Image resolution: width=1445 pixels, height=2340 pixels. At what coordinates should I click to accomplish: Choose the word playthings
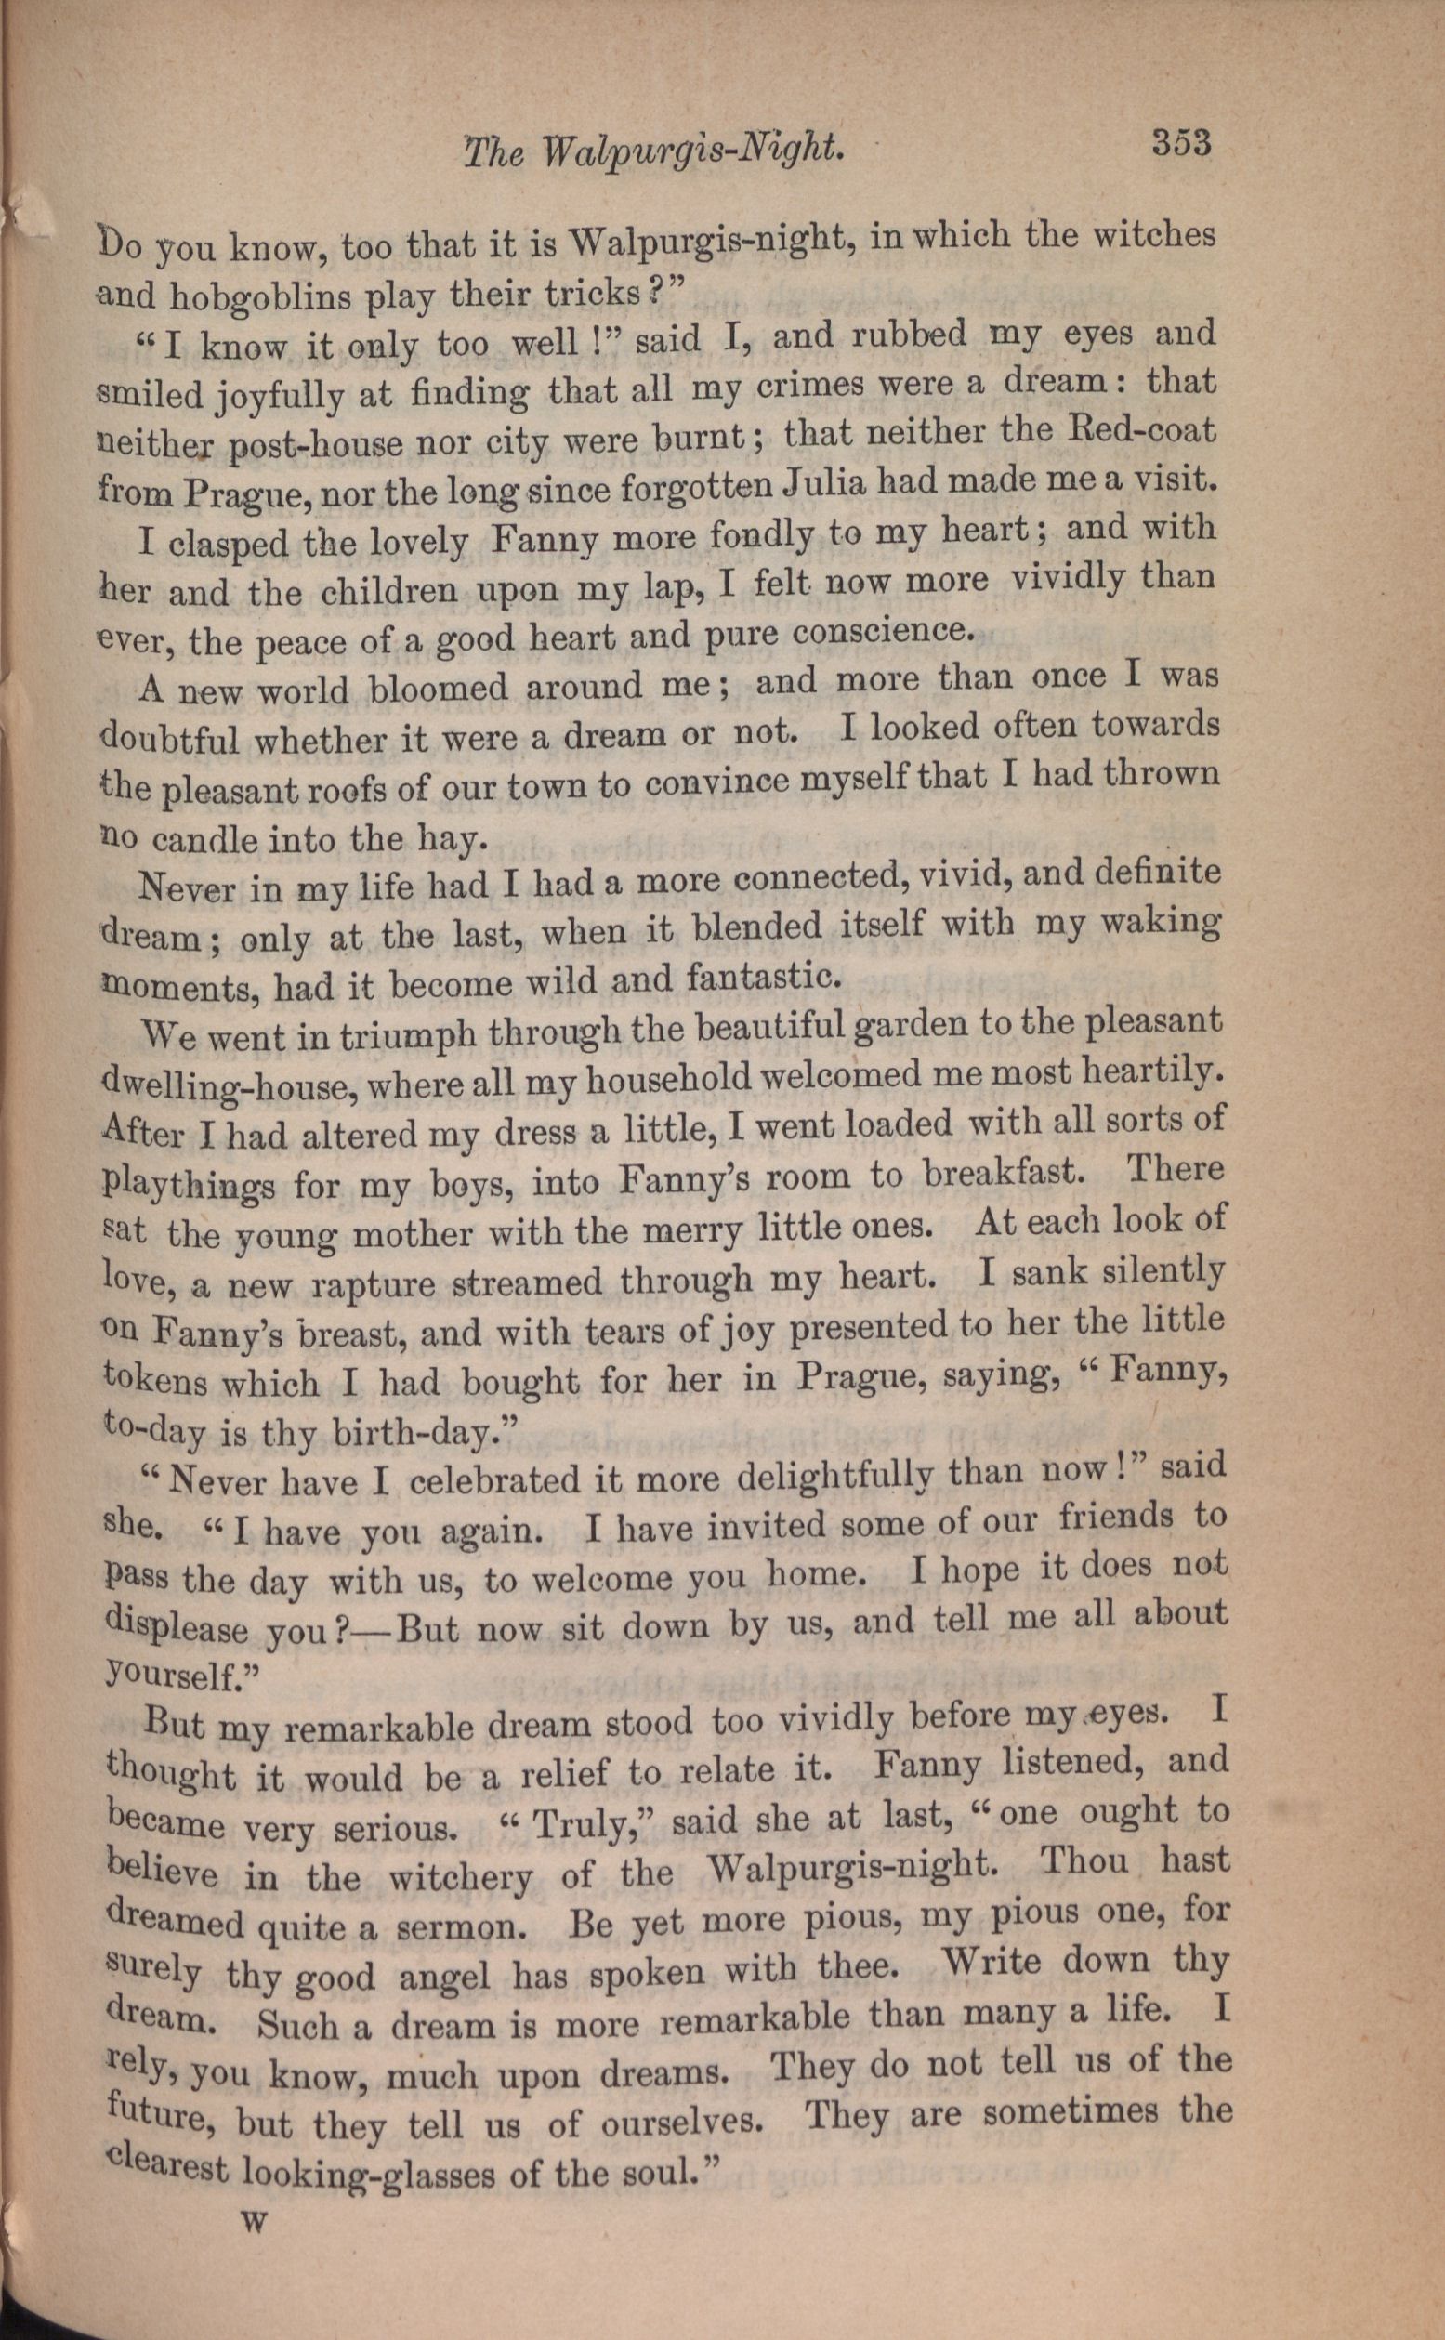(189, 1185)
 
